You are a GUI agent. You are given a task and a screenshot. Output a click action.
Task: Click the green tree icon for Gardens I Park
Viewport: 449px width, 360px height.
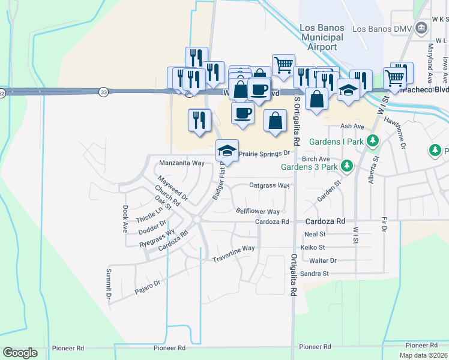pyautogui.click(x=373, y=142)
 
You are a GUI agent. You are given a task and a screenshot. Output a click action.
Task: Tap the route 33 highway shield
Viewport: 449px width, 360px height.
pyautogui.click(x=104, y=92)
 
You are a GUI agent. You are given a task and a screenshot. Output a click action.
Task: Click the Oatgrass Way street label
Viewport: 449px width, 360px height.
pyautogui.click(x=270, y=185)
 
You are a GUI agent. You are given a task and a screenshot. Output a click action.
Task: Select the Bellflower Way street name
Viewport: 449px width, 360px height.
pyautogui.click(x=258, y=212)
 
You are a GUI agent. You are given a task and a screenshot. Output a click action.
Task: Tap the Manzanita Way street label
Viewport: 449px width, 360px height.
pyautogui.click(x=182, y=163)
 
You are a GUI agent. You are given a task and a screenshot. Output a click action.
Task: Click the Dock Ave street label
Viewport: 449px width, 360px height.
pyautogui.click(x=125, y=219)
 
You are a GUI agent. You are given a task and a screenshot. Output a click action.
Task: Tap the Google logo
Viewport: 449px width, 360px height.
pyautogui.click(x=20, y=353)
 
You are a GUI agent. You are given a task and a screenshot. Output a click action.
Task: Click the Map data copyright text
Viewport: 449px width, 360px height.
pyautogui.click(x=423, y=355)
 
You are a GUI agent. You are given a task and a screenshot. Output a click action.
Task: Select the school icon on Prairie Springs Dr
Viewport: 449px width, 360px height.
pyautogui.click(x=228, y=149)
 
